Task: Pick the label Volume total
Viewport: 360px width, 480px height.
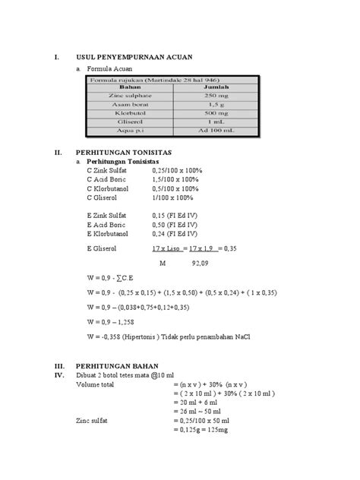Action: [x=98, y=384]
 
